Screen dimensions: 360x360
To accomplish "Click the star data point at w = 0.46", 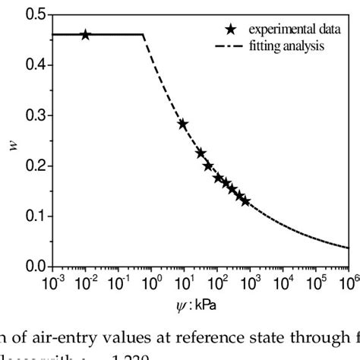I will coord(85,35).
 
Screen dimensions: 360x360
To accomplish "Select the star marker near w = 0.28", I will coord(182,124).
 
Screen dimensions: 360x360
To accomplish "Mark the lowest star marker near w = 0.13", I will coord(245,201).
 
